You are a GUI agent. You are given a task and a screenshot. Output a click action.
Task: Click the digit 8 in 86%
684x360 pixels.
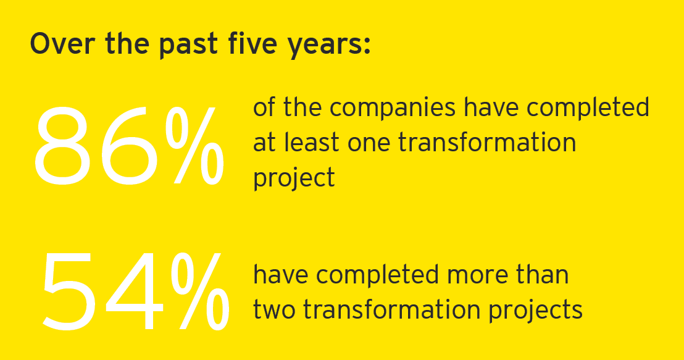[65, 146]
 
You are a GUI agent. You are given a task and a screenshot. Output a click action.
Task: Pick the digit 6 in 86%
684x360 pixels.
[132, 146]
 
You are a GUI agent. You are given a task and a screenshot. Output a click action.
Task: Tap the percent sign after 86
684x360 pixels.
[196, 146]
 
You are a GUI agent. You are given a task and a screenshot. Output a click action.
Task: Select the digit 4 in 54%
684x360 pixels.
[133, 291]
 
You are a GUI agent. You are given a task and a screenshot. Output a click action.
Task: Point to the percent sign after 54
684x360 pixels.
[200, 291]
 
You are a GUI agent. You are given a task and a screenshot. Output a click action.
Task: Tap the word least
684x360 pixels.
[311, 142]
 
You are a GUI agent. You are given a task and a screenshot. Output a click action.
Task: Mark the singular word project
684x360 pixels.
[294, 178]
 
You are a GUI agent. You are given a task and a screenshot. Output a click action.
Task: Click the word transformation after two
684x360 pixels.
[391, 309]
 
